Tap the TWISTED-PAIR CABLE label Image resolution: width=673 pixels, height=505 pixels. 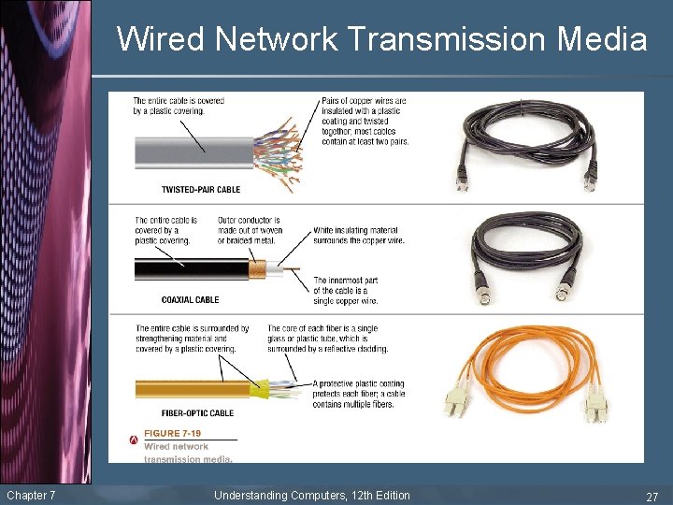[200, 190]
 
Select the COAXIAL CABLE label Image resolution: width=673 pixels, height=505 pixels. [190, 300]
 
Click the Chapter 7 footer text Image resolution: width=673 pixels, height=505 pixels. [31, 495]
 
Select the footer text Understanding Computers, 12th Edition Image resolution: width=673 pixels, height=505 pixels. [311, 495]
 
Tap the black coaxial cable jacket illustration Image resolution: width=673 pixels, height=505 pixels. [187, 270]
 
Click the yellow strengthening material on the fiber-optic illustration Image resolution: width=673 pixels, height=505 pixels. [258, 386]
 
